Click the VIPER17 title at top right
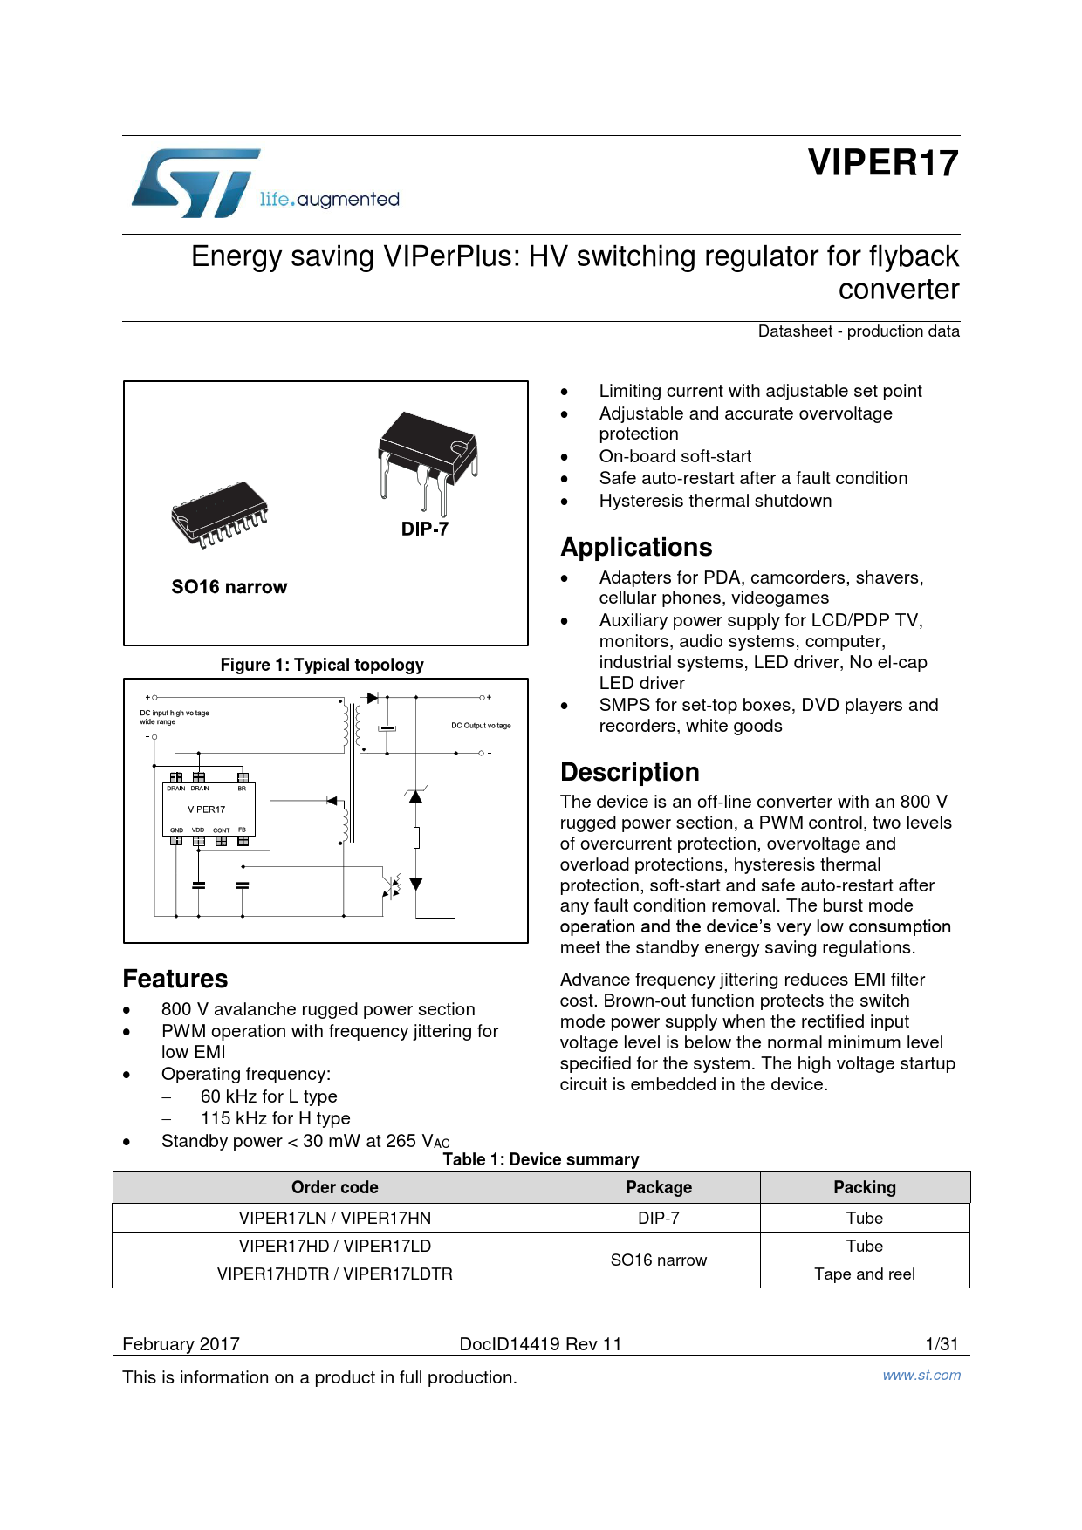[882, 163]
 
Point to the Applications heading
[636, 547]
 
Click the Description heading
[629, 772]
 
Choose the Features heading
[175, 979]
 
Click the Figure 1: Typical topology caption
[322, 665]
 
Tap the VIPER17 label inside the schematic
[206, 809]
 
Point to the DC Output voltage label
[481, 725]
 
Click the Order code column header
[335, 1187]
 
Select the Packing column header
[864, 1187]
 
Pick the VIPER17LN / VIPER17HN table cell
[335, 1218]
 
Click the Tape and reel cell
[864, 1274]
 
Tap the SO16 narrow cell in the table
[659, 1260]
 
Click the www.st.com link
[921, 1375]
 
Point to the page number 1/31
[942, 1343]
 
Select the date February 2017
[181, 1343]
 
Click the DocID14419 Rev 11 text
[540, 1343]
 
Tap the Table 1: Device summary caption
[540, 1159]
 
